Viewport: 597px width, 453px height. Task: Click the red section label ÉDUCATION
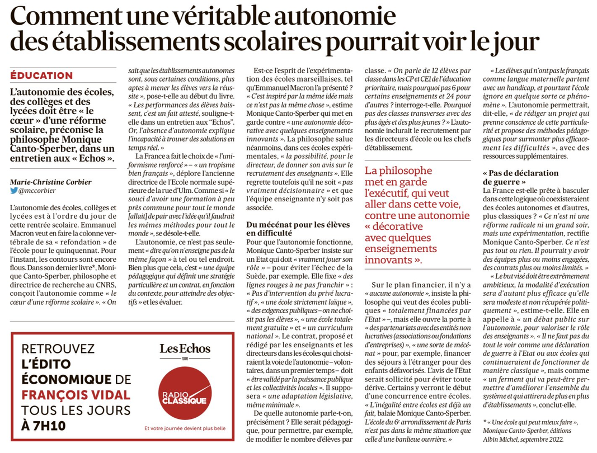[x=41, y=75]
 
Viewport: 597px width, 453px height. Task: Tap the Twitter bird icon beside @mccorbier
[x=14, y=190]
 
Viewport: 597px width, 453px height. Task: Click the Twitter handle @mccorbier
[x=39, y=190]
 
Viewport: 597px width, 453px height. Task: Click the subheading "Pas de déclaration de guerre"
[x=513, y=177]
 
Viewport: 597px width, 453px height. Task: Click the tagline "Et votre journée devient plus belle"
[x=185, y=428]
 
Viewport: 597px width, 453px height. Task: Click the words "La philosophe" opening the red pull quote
[x=398, y=171]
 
